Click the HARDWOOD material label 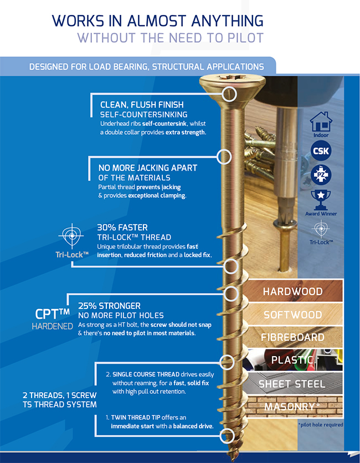point(292,292)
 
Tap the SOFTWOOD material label point(292,315)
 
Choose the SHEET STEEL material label point(292,384)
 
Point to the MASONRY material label point(292,407)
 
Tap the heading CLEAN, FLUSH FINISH point(142,105)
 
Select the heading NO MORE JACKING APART point(147,168)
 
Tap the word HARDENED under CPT point(52,326)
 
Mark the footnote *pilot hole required point(320,425)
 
